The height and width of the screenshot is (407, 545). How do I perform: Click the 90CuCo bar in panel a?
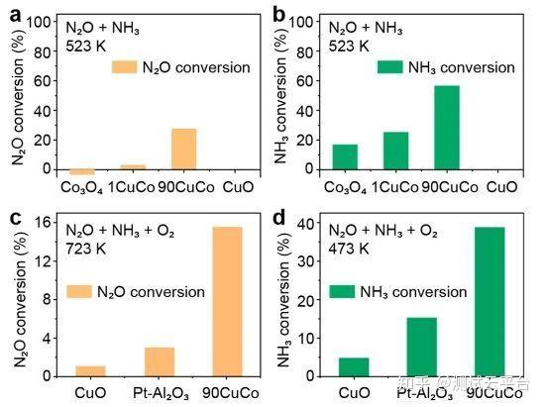(x=183, y=149)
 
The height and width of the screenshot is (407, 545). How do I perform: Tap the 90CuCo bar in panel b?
(x=447, y=127)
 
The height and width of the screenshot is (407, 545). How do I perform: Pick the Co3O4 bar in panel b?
(x=345, y=156)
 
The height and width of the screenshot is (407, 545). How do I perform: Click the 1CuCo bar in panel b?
(x=395, y=151)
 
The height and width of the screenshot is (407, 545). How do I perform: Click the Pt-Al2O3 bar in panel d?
(x=420, y=347)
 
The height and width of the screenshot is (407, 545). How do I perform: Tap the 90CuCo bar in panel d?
(x=489, y=301)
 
